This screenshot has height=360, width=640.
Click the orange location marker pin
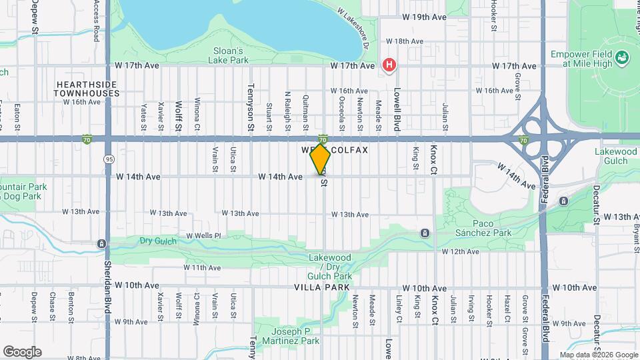point(321,159)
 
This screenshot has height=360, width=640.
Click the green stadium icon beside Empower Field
point(623,58)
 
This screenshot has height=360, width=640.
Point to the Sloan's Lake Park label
point(231,55)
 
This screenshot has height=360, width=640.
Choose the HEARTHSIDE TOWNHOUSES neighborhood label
point(87,89)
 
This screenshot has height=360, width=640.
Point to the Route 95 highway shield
point(108,159)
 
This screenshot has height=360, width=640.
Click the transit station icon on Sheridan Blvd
point(101,244)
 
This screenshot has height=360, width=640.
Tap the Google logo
point(22,352)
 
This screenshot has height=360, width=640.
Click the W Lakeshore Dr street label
point(353,29)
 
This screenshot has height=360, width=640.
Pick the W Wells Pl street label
point(203,235)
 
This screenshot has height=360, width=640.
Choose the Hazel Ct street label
point(507,307)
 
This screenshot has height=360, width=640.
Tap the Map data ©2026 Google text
point(599,355)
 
